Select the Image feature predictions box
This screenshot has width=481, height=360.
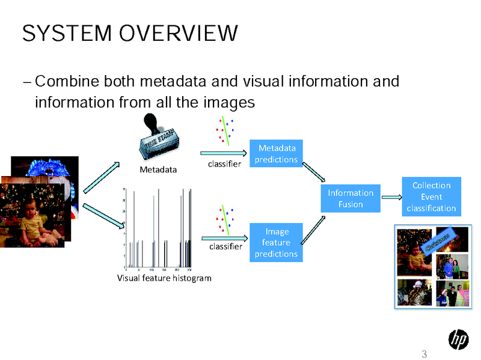click(x=276, y=243)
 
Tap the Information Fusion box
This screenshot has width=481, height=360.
click(x=351, y=198)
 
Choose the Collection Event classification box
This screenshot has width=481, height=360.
click(x=431, y=197)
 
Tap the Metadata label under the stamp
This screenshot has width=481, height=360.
click(x=159, y=169)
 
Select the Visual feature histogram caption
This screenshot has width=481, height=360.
click(x=164, y=278)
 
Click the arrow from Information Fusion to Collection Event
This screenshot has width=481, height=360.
click(x=391, y=197)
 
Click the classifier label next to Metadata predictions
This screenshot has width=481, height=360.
click(x=224, y=163)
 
